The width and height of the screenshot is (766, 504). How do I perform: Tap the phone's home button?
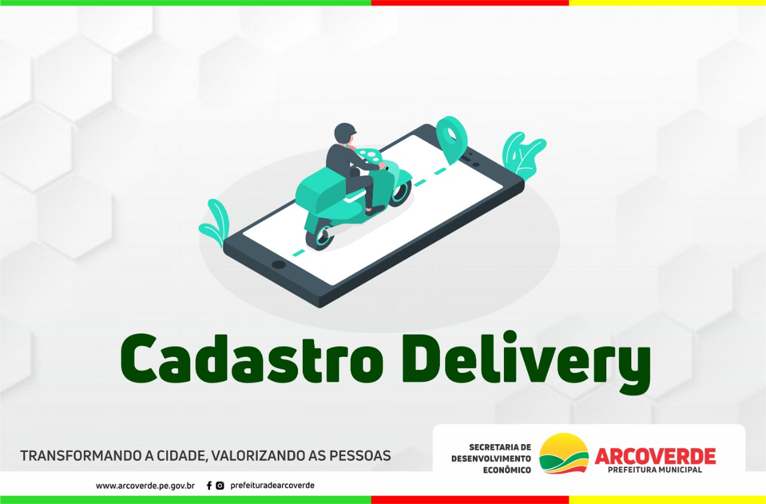coord(279,265)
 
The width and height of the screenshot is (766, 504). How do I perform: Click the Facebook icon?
coord(209,485)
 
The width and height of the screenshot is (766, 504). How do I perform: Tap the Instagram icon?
coord(220,485)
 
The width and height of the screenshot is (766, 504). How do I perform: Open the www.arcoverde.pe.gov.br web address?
coord(145,485)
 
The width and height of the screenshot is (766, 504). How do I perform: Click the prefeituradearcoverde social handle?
coord(272,485)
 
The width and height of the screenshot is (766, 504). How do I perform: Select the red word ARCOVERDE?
coord(655,456)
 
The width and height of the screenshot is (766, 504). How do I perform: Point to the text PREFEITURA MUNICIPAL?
coord(655,470)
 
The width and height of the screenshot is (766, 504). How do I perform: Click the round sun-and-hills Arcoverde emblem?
coord(564,453)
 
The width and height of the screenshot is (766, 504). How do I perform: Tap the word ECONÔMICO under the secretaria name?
coord(507,470)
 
